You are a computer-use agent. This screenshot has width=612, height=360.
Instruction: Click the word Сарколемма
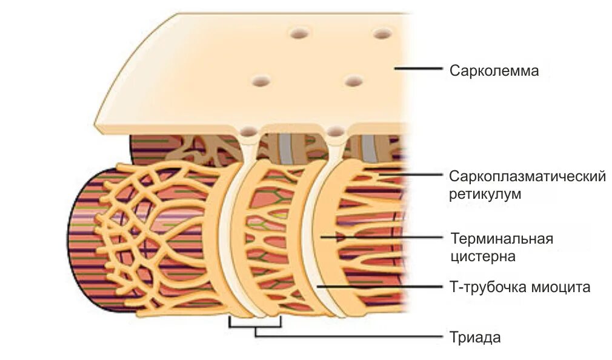(x=494, y=71)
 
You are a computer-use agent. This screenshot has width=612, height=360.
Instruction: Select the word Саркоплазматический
(x=527, y=176)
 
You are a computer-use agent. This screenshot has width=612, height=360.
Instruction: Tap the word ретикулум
(x=485, y=195)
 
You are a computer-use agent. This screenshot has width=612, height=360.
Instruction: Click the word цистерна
(x=482, y=256)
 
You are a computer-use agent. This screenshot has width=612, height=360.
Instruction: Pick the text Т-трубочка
(x=483, y=287)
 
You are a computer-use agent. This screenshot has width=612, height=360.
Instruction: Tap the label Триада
(x=475, y=337)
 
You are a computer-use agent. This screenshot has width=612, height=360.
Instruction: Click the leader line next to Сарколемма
(x=418, y=68)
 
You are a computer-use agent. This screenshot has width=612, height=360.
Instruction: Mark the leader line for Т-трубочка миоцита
(x=379, y=285)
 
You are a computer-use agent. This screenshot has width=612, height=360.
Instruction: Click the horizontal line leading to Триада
(x=351, y=335)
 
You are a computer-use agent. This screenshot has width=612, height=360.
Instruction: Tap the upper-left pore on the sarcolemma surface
(x=298, y=34)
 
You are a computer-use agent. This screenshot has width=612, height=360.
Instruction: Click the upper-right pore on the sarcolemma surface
(x=381, y=34)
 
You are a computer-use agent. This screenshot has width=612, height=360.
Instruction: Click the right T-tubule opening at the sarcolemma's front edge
(x=334, y=130)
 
